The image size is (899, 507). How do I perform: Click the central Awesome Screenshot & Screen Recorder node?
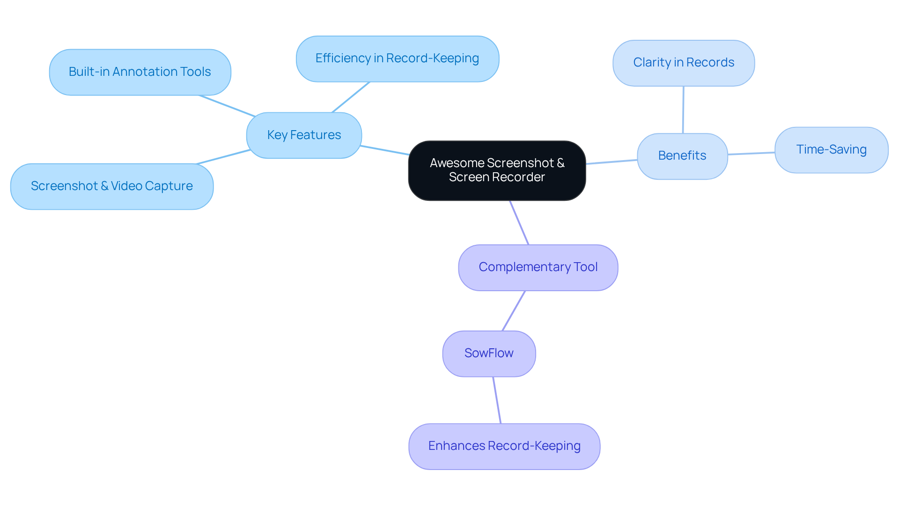pyautogui.click(x=497, y=170)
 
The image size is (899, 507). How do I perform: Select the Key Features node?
pyautogui.click(x=304, y=135)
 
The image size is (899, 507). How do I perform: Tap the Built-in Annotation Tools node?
pyautogui.click(x=140, y=72)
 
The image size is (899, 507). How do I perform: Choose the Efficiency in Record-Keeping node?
pyautogui.click(x=397, y=59)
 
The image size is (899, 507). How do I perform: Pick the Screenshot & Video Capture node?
pyautogui.click(x=112, y=186)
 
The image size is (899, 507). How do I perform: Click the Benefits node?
pyautogui.click(x=682, y=156)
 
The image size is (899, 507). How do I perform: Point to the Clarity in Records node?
pyautogui.click(x=684, y=63)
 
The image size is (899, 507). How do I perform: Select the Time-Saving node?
pyautogui.click(x=831, y=150)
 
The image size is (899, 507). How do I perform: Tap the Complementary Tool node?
pyautogui.click(x=538, y=267)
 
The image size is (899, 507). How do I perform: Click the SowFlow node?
pyautogui.click(x=489, y=353)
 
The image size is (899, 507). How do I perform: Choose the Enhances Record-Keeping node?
pyautogui.click(x=504, y=446)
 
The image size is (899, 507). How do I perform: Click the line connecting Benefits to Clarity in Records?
pyautogui.click(x=683, y=110)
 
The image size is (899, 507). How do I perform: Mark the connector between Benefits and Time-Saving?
pyautogui.click(x=751, y=153)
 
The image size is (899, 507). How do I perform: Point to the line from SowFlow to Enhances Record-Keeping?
pyautogui.click(x=497, y=400)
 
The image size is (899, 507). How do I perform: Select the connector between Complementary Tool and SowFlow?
pyautogui.click(x=514, y=311)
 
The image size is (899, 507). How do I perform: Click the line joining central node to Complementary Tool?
pyautogui.click(x=519, y=223)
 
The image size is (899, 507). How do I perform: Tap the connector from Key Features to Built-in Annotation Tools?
pyautogui.click(x=227, y=106)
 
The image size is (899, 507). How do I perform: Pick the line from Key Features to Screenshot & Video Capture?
pyautogui.click(x=223, y=157)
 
